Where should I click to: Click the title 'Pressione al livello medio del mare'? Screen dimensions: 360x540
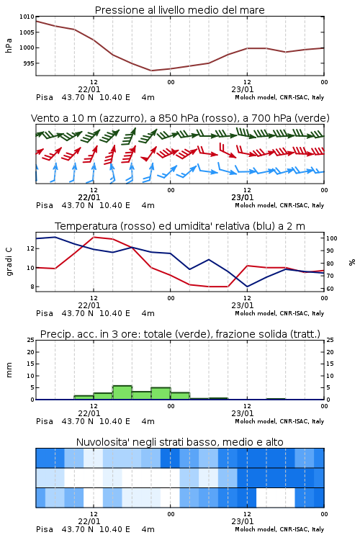pos(179,10)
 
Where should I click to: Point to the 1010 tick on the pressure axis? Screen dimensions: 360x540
pos(27,17)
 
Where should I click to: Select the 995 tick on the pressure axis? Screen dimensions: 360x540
pos(28,63)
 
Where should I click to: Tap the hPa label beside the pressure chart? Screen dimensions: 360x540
pos(9,45)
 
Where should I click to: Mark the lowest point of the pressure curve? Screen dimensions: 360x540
pos(151,71)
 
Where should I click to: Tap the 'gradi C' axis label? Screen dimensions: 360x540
pos(9,261)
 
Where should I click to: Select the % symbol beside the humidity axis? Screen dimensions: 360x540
pos(352,262)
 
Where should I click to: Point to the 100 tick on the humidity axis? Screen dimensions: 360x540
pos(332,238)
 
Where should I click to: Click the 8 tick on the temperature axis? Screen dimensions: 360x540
pos(32,287)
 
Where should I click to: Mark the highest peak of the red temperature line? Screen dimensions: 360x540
pos(94,237)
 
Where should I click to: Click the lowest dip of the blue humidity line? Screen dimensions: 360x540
pos(247,287)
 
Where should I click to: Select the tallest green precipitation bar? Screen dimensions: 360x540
pos(122,392)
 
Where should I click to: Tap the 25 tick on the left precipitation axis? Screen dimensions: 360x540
pos(31,340)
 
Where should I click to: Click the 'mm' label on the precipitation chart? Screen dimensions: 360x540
pos(9,369)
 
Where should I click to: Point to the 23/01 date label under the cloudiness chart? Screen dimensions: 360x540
pos(243,521)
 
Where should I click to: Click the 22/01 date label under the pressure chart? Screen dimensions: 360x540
pos(89,89)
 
